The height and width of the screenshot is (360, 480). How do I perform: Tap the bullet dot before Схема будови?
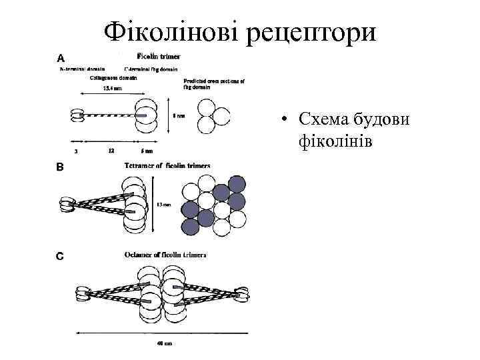pyautogui.click(x=284, y=121)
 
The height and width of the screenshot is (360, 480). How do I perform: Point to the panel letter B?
pyautogui.click(x=59, y=168)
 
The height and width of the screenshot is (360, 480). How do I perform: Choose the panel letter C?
pyautogui.click(x=59, y=255)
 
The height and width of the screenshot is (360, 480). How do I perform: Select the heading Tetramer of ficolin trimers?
pyautogui.click(x=167, y=165)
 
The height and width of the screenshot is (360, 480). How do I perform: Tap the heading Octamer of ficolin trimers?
pyautogui.click(x=165, y=255)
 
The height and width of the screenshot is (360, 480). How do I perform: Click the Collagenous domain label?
pyautogui.click(x=113, y=77)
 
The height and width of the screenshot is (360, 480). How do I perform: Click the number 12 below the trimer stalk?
pyautogui.click(x=111, y=150)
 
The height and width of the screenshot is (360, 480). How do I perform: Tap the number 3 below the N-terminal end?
pyautogui.click(x=76, y=151)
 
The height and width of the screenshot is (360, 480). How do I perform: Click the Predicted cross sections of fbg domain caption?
pyautogui.click(x=214, y=83)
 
